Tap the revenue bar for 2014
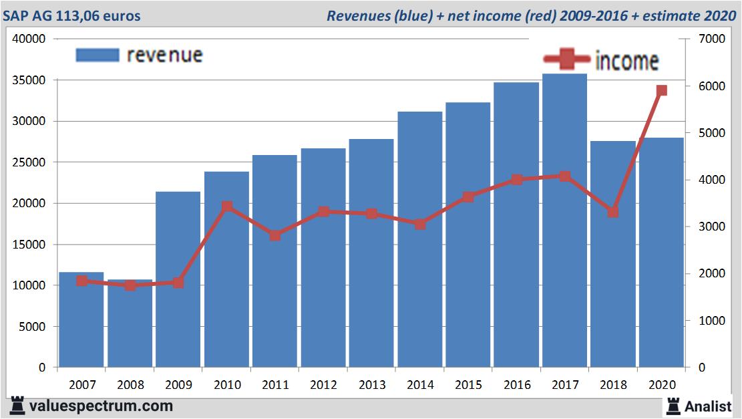pyautogui.click(x=419, y=301)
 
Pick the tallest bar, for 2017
pyautogui.click(x=564, y=267)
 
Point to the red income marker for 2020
pyautogui.click(x=661, y=91)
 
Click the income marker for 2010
pyautogui.click(x=227, y=206)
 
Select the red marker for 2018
pyautogui.click(x=612, y=212)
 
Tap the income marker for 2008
pyautogui.click(x=130, y=285)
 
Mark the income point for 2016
pyautogui.click(x=516, y=179)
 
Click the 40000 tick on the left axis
pyautogui.click(x=30, y=39)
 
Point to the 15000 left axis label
pyautogui.click(x=30, y=245)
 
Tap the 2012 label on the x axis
pyautogui.click(x=323, y=386)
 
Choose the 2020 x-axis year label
pyautogui.click(x=661, y=386)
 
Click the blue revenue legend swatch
pyautogui.click(x=97, y=55)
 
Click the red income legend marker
pyautogui.click(x=565, y=61)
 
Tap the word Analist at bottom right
pyautogui.click(x=708, y=406)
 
